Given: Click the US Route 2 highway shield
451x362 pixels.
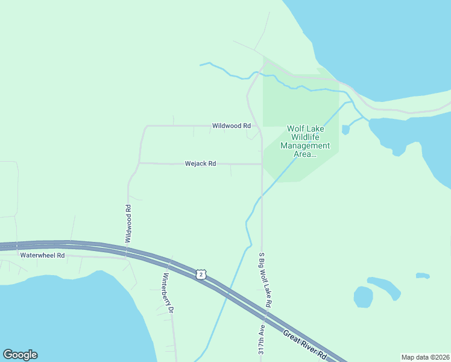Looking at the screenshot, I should pyautogui.click(x=201, y=275).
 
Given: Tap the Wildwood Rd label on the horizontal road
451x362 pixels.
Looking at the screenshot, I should pyautogui.click(x=231, y=126).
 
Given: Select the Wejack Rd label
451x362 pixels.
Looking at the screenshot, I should pyautogui.click(x=200, y=164).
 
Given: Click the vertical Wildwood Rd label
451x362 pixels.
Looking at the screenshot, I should pyautogui.click(x=128, y=223).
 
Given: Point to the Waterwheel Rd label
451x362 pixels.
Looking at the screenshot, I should pyautogui.click(x=42, y=255).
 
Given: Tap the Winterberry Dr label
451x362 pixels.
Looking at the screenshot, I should pyautogui.click(x=168, y=293).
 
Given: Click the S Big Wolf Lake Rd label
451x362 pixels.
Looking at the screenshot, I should pyautogui.click(x=265, y=278).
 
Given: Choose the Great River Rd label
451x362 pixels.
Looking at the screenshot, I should pyautogui.click(x=305, y=343).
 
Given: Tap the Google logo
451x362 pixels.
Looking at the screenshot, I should pyautogui.click(x=20, y=355).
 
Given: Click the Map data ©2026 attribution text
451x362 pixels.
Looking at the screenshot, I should pyautogui.click(x=425, y=357).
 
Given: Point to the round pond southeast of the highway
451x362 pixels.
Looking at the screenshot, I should pyautogui.click(x=363, y=297).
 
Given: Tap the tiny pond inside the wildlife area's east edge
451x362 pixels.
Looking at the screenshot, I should pyautogui.click(x=345, y=129).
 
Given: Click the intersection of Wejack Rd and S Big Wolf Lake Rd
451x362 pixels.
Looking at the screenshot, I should pyautogui.click(x=262, y=164).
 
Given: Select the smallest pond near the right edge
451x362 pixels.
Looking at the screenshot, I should pyautogui.click(x=423, y=276).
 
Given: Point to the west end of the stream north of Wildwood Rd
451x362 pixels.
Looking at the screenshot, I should pyautogui.click(x=201, y=64).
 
